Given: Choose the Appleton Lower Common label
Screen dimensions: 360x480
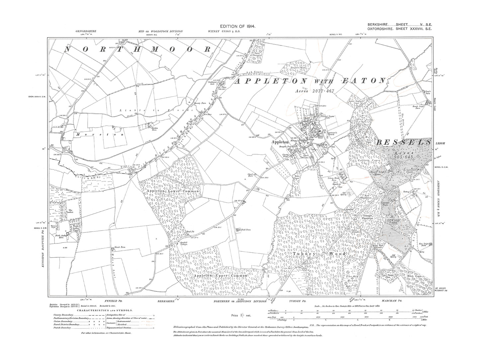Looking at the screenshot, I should pyautogui.click(x=172, y=192).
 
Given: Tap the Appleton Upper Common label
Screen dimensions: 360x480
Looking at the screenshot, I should pyautogui.click(x=220, y=276).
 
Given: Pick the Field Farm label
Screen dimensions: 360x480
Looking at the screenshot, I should pyautogui.click(x=245, y=229).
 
